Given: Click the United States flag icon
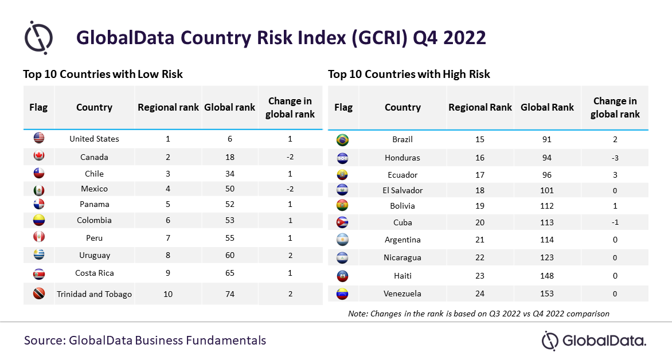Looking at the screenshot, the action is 39,138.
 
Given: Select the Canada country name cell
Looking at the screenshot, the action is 94,157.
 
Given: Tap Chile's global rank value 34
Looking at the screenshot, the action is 230,174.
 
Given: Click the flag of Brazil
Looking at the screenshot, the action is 342,140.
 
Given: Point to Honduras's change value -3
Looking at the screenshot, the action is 615,158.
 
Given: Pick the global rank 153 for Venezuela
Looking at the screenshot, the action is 547,294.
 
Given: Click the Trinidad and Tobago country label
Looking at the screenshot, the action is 94,294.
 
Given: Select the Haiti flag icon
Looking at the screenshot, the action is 342,276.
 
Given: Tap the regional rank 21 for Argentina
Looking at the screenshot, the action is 480,240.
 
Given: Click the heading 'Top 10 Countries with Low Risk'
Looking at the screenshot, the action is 103,74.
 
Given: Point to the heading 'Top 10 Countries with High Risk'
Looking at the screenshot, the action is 409,74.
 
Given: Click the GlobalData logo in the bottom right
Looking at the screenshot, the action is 594,341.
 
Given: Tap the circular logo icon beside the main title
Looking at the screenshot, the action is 38,37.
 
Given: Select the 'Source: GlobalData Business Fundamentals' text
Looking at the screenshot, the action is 145,341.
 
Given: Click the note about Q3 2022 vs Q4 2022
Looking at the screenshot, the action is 479,314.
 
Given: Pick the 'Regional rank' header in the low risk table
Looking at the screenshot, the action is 168,107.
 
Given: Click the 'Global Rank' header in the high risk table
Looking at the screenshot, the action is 547,107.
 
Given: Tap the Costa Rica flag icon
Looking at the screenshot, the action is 39,274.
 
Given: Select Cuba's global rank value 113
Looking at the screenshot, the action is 547,222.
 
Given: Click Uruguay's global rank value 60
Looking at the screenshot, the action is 230,255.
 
